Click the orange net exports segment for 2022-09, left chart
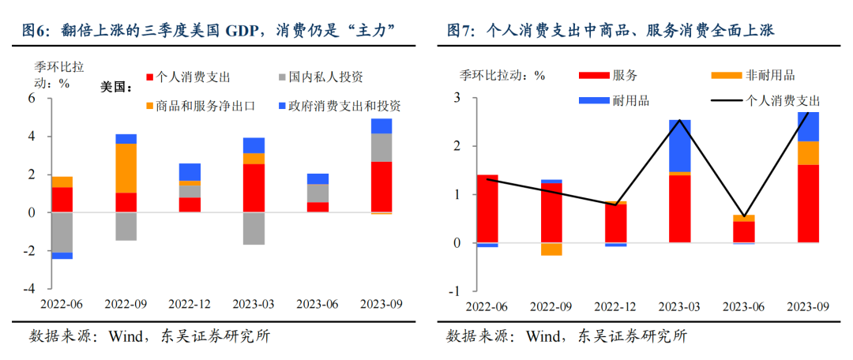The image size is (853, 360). [126, 167]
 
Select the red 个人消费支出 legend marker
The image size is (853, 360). [151, 77]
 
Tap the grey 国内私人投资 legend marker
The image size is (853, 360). [282, 77]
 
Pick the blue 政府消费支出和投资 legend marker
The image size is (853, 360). [282, 106]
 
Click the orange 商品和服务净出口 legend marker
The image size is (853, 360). [151, 106]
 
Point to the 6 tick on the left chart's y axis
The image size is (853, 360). [34, 99]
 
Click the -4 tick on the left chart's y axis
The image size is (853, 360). [32, 289]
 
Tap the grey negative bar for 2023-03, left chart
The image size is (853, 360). [254, 228]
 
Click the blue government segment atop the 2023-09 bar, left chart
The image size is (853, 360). [381, 126]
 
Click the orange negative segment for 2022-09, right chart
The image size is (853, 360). [551, 249]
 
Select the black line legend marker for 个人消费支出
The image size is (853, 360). [727, 101]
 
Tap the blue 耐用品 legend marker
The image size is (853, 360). [593, 101]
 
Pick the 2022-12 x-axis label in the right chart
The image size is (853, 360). [616, 306]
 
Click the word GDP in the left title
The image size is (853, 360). [244, 31]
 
